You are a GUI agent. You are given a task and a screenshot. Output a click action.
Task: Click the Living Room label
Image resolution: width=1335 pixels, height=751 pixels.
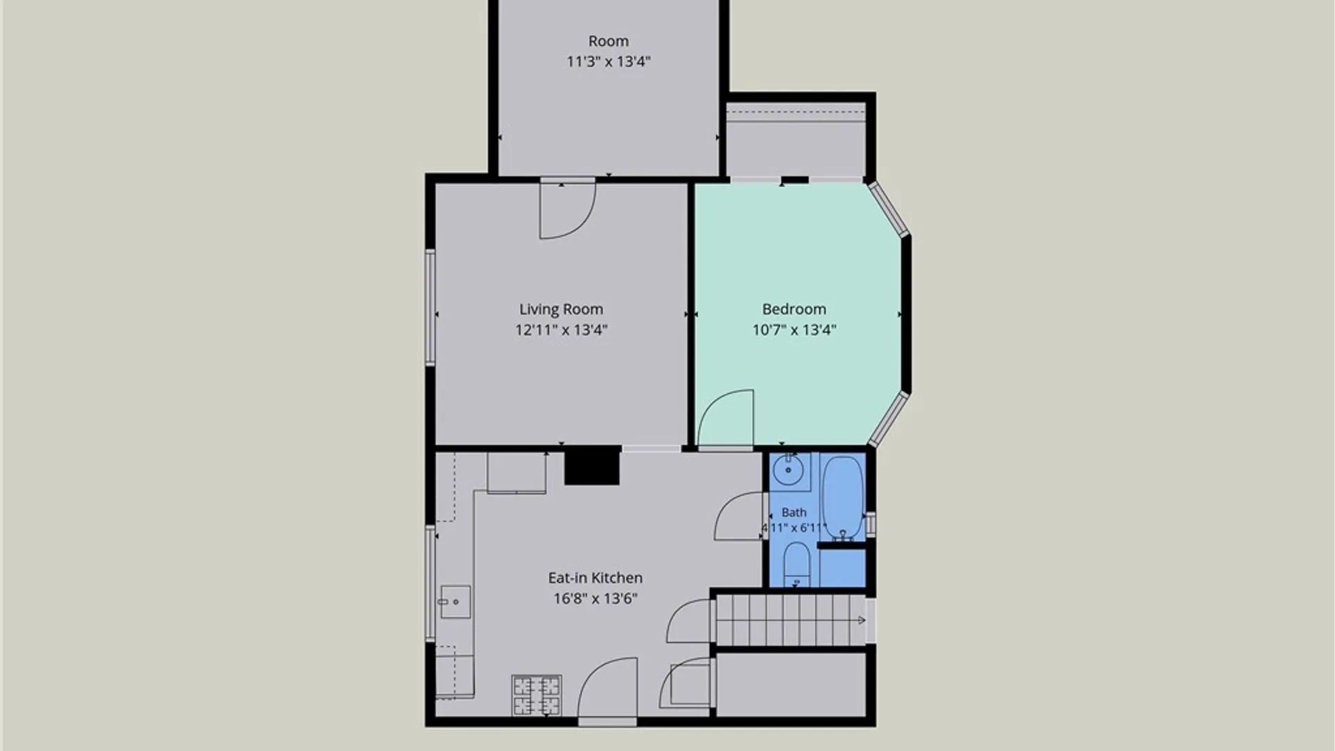561,309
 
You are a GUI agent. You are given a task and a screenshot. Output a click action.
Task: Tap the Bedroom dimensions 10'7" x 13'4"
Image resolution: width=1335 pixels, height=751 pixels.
794,330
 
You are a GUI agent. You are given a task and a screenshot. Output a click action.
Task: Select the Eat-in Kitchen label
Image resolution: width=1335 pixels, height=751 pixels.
595,578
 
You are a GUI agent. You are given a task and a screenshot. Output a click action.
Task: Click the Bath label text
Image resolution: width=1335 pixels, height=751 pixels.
794,512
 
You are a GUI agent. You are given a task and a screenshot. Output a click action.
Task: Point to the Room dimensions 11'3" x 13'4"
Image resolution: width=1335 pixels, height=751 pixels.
608,61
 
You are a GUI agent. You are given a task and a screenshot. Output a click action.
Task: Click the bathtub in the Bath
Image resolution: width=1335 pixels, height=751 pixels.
843,496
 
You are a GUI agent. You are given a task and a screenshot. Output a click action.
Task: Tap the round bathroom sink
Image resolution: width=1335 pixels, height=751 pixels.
788,471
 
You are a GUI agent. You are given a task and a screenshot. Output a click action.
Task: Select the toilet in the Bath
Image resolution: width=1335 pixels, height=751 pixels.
797,565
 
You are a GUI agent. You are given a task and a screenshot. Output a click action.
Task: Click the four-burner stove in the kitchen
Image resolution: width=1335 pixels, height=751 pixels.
537,695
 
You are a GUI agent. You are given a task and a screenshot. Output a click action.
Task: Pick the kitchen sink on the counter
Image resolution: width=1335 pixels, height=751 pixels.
455,602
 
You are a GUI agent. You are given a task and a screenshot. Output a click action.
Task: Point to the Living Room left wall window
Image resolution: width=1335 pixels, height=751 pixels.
430,307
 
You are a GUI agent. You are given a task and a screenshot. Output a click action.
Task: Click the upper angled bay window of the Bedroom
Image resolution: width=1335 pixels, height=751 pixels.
889,209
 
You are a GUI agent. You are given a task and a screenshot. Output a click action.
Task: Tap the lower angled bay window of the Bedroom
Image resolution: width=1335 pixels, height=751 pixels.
889,419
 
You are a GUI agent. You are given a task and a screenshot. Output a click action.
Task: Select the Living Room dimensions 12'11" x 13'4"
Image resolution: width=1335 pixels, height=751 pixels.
561,330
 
